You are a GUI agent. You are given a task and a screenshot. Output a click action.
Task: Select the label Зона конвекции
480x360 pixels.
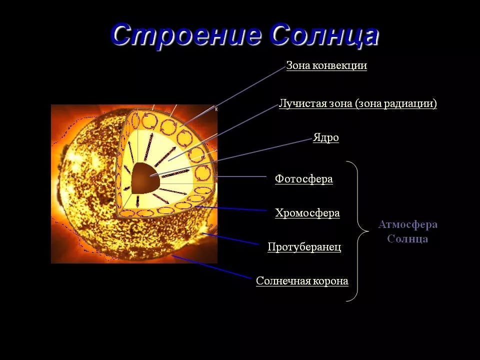coord(326,65)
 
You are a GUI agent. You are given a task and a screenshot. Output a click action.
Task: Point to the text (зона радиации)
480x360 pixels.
coord(396,104)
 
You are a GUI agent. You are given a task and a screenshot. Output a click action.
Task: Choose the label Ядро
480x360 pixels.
coord(325,138)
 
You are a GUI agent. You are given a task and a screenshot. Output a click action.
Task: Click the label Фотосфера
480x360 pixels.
coord(304,179)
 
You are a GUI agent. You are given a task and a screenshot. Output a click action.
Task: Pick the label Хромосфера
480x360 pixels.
coord(307,213)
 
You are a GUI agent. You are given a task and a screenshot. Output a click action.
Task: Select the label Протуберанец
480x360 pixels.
coord(304,246)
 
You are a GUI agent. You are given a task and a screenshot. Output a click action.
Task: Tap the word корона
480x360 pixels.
coord(329,281)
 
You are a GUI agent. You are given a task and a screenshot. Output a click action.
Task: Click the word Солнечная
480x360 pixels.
coord(281,281)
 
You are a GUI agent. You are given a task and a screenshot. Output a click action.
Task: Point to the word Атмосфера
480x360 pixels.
coord(408,224)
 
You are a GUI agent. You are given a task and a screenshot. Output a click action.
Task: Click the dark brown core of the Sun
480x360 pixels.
coord(145,178)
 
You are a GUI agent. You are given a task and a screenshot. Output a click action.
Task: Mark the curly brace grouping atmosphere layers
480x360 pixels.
coord(357,231)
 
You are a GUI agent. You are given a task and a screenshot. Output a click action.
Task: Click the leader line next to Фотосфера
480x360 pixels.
coord(241,176)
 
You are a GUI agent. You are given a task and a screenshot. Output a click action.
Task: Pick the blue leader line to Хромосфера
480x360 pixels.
coord(231,208)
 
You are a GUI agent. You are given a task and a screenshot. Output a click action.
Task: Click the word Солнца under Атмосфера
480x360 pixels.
coord(407,239)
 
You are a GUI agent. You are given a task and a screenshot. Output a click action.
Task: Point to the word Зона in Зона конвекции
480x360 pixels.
coord(298,65)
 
